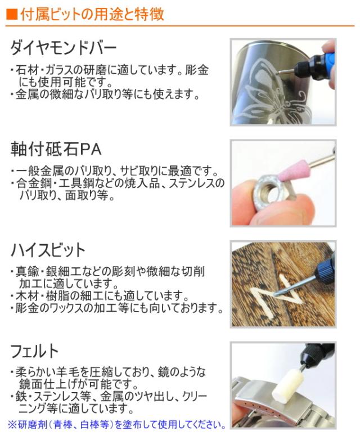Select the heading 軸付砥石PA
pos(56,149)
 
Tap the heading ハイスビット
pos(48,250)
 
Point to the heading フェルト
pos(34,351)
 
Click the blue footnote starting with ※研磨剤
pos(116,425)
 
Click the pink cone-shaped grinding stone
pos(290,172)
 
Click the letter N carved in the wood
pos(274,296)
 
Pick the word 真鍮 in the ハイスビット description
pos(27,272)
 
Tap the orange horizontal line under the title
pos(180,26)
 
